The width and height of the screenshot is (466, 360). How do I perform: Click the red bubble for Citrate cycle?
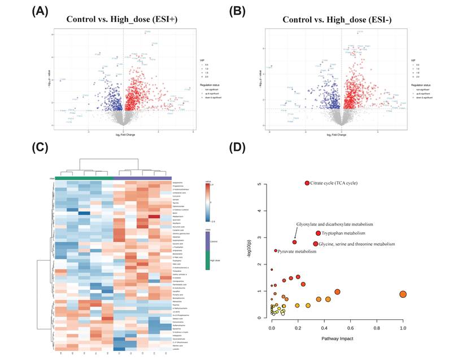point(307,183)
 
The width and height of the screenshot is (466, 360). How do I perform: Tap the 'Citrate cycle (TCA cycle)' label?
point(334,183)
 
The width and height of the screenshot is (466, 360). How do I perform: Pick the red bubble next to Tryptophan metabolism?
point(319,233)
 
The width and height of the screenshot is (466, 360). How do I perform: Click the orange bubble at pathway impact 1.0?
point(403,294)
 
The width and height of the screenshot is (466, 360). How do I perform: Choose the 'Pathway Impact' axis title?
point(337,337)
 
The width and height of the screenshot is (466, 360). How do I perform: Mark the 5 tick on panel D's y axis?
point(260,184)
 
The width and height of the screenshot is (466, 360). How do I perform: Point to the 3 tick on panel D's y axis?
point(260,238)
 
